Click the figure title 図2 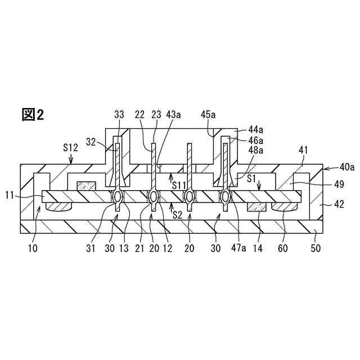33,115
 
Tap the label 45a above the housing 208,114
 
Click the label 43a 174,114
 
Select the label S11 180,184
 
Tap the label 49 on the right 337,184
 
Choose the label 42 337,205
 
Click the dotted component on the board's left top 86,185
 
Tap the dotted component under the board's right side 257,208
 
